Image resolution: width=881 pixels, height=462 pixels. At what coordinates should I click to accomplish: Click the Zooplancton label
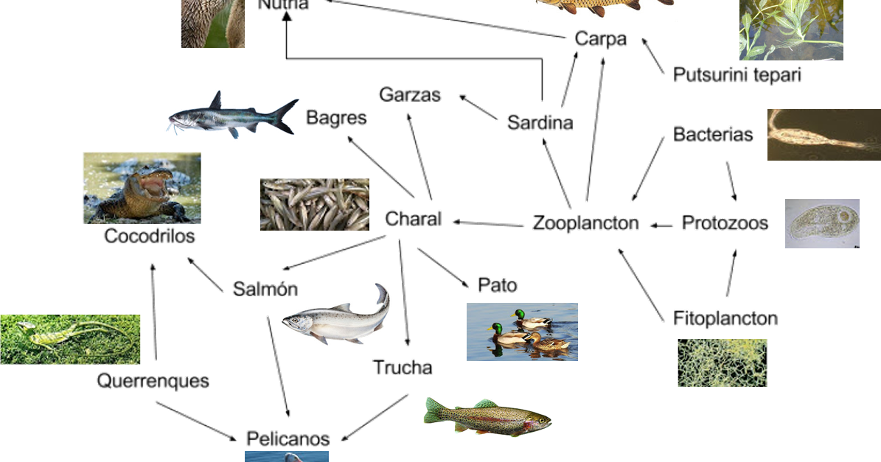point(585,223)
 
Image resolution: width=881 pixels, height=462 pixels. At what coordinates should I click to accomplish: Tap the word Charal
point(413,219)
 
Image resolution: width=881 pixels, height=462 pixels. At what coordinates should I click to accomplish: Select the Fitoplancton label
point(725,318)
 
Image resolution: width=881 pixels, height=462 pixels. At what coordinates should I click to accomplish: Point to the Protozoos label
point(725,223)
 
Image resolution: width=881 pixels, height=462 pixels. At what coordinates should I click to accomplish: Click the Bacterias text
point(714,134)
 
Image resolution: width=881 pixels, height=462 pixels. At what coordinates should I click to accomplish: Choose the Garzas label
point(410,95)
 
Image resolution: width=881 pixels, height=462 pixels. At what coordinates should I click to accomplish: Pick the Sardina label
point(540,123)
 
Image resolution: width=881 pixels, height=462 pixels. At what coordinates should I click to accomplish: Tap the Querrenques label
point(153,381)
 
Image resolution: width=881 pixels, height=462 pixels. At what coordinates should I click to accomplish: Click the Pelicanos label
point(288,438)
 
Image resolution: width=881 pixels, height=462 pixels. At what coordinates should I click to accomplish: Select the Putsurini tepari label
point(737,74)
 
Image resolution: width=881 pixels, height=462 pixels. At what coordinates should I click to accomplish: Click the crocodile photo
point(142,187)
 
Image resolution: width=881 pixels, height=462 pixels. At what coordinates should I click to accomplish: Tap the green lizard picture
point(70,339)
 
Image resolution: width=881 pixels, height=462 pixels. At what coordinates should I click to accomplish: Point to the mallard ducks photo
point(522,332)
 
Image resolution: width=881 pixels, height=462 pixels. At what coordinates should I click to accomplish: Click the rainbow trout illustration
point(487,416)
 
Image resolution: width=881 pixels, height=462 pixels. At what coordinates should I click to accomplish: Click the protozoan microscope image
point(822,223)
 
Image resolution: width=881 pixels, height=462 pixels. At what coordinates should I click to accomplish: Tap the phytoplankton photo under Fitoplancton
point(722,363)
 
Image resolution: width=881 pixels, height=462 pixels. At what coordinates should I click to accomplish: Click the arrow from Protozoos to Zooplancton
point(661,225)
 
